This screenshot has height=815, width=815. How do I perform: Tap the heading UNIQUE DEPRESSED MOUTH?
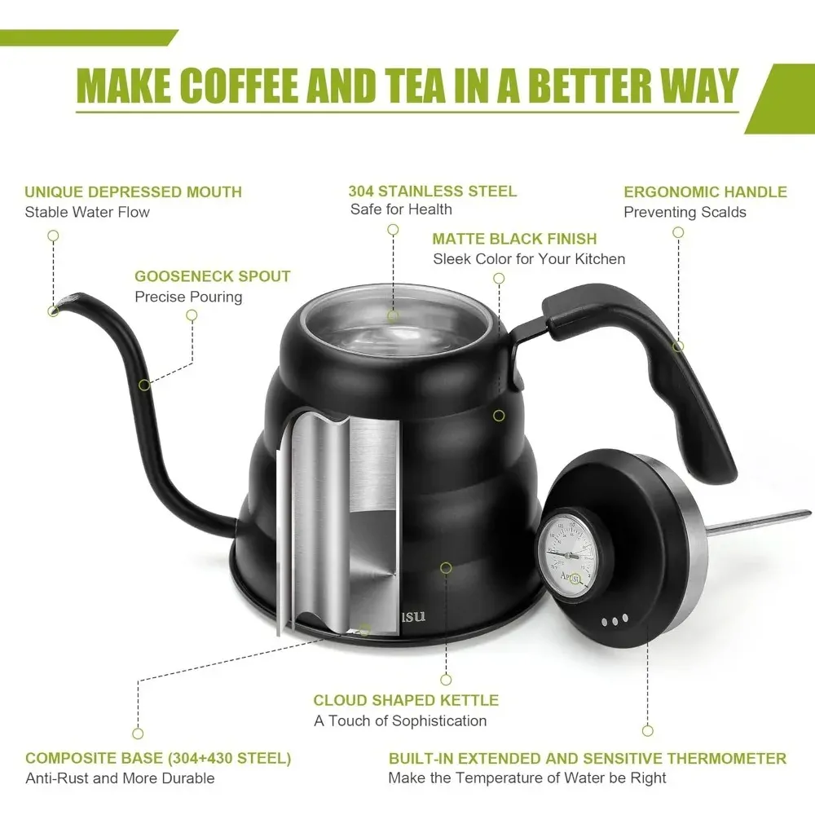(x=133, y=192)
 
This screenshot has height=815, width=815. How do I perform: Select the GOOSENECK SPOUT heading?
(x=212, y=276)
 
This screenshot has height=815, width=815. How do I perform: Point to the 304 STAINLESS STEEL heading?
(x=433, y=191)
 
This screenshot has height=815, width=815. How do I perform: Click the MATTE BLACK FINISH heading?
(x=514, y=239)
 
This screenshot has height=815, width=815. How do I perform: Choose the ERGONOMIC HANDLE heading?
(x=705, y=192)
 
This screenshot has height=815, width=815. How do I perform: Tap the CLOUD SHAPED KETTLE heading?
(x=406, y=700)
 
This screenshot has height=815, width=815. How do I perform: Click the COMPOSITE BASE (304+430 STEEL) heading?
(x=158, y=758)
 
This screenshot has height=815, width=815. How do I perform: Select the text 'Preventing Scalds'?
(x=685, y=212)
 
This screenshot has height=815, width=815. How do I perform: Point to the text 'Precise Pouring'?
(x=188, y=297)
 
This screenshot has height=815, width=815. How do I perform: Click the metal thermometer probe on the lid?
(x=760, y=522)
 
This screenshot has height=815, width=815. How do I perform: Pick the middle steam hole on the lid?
(x=615, y=620)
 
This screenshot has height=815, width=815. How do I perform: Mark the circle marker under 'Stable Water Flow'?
(x=53, y=236)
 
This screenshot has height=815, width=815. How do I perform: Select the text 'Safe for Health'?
(x=401, y=209)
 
